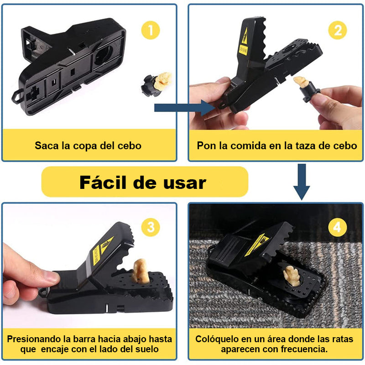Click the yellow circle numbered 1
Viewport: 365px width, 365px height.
click(151, 30)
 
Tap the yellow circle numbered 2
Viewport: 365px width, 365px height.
click(338, 30)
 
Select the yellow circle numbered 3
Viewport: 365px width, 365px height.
click(151, 227)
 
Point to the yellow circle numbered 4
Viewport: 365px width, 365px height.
click(338, 227)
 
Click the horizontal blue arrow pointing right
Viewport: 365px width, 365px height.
click(185, 108)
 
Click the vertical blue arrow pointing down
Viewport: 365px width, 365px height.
click(302, 182)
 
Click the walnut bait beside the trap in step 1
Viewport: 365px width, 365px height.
click(163, 79)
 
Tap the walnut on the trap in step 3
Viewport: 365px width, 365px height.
click(141, 271)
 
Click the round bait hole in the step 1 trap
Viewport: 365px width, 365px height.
click(104, 55)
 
